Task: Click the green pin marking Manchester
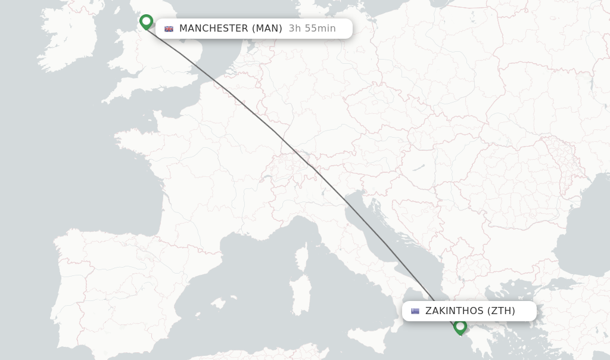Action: coord(146,21)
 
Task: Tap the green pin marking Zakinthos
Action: coord(460,326)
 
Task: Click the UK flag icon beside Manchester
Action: coord(169,29)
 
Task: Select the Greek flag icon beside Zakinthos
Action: coord(415,311)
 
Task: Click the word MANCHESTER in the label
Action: coord(213,29)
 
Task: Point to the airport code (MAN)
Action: coord(267,29)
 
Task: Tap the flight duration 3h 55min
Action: coord(312,29)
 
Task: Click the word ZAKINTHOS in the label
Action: coord(454,311)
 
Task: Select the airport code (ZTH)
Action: coord(501,311)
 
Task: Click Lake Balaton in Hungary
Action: coord(421,167)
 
